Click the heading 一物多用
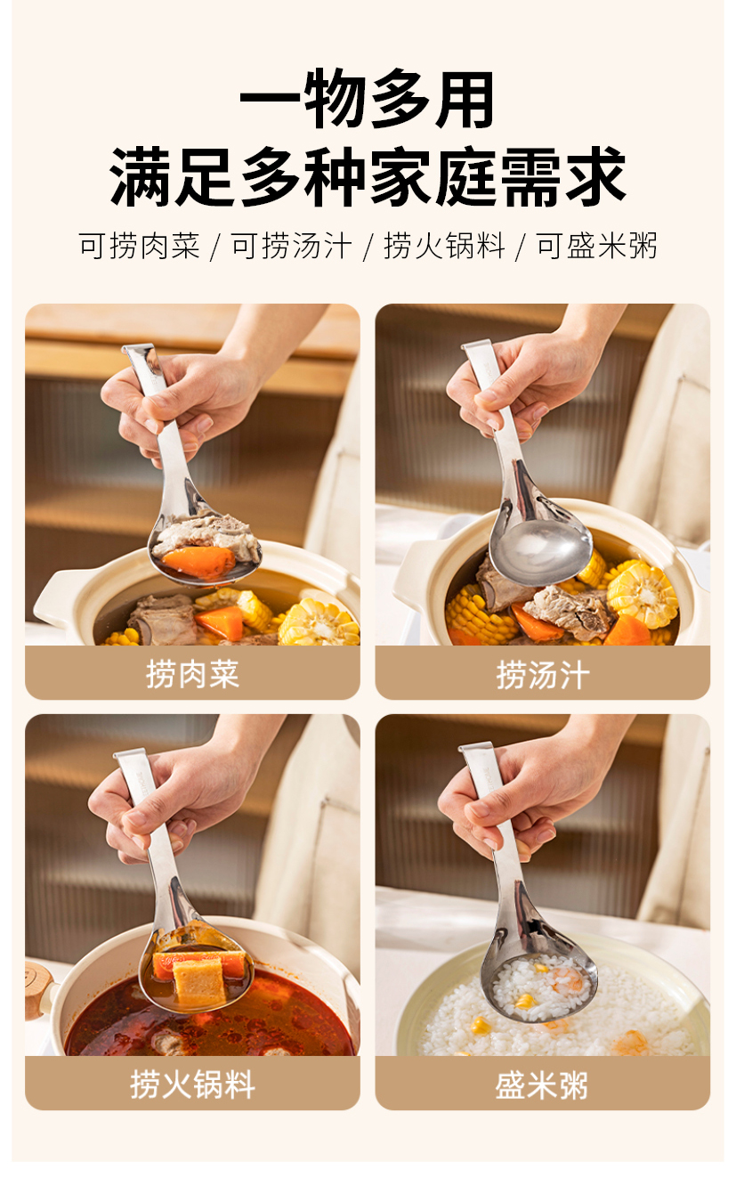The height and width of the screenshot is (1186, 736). tap(368, 100)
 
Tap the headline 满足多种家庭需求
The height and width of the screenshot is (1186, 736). tap(368, 176)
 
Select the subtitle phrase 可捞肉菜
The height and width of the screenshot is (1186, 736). tap(140, 246)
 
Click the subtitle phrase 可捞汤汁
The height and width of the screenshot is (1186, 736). tap(292, 246)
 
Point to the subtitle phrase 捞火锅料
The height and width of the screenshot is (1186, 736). tap(444, 246)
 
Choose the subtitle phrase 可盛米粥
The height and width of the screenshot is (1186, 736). tap(597, 246)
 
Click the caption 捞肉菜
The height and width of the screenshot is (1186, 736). tap(192, 674)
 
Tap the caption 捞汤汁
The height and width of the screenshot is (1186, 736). tap(543, 675)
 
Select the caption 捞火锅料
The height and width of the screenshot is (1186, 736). tap(192, 1084)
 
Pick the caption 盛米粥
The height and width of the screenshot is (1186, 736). tap(542, 1084)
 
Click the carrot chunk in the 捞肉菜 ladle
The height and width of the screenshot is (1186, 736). tap(198, 562)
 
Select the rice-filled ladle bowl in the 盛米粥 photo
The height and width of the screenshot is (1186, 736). tap(539, 988)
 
